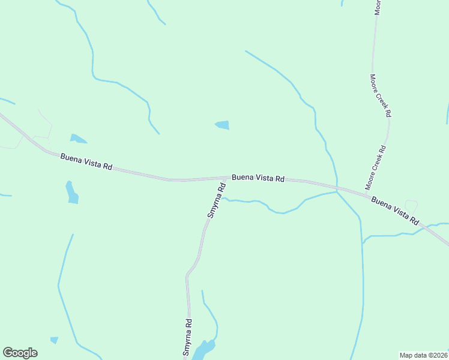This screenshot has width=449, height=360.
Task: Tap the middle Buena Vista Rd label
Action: coord(258,178)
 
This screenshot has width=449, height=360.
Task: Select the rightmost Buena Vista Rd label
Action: coord(394,210)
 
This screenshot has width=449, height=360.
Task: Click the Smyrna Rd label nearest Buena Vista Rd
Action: coord(216,200)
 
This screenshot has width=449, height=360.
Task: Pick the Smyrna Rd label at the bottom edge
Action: coord(188,338)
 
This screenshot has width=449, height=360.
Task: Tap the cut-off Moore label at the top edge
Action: coord(378,7)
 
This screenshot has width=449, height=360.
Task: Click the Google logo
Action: coord(20,353)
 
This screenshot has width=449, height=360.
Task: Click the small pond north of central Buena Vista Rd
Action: coord(223,125)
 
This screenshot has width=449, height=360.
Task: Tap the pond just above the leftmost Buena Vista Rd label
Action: coord(77,139)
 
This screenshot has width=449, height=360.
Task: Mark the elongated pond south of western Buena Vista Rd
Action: coord(72,193)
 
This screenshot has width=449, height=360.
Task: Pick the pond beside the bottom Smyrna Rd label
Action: coord(205,349)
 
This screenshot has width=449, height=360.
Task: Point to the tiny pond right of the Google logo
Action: coord(55,340)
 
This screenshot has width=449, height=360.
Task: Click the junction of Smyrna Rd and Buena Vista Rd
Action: coord(226,178)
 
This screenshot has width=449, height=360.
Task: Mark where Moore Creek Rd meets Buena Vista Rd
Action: coord(367,193)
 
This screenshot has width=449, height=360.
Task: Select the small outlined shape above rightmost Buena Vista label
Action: coord(411,205)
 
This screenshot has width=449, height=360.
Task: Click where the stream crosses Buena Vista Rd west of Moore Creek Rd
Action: coord(337,187)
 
